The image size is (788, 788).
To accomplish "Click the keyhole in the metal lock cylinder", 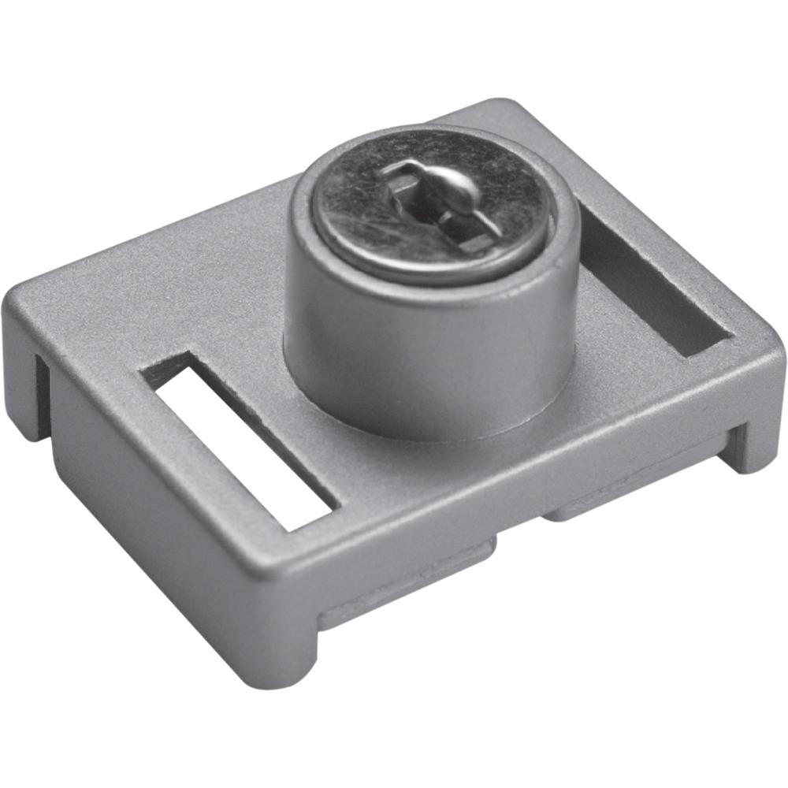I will tap(438, 208).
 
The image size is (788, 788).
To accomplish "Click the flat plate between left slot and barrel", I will tap(236, 331).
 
